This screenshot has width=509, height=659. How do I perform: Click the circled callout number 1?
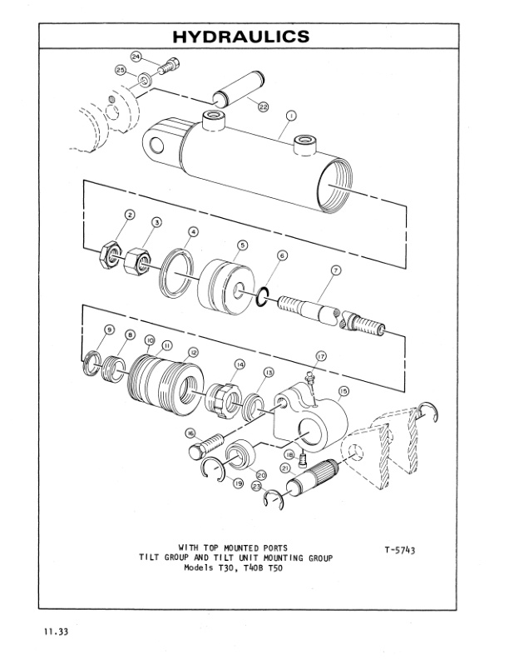coord(290,114)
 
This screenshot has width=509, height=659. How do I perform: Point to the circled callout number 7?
coord(336,270)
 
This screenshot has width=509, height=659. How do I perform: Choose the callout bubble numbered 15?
coord(343,389)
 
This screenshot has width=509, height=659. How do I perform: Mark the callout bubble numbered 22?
coord(263,107)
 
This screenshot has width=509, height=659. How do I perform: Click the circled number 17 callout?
coord(320,355)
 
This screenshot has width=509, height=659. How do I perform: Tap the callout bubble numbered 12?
coord(193,352)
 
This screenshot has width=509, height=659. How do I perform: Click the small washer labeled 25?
coord(145,81)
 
